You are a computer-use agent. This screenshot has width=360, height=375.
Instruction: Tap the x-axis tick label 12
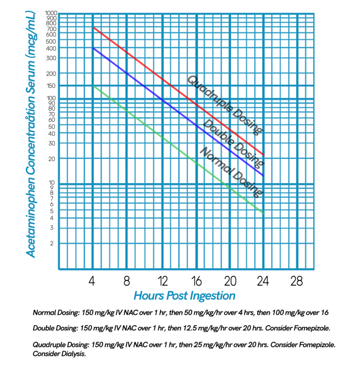162,282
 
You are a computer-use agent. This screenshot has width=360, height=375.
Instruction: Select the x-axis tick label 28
297,282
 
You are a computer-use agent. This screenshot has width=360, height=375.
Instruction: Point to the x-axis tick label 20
230,282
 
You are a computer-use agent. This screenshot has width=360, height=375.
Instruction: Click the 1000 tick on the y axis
51,13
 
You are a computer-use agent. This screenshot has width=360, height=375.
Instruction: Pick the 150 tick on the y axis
51,86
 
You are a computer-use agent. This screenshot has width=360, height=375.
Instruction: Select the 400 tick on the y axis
51,48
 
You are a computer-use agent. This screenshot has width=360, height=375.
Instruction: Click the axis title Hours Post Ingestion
184,296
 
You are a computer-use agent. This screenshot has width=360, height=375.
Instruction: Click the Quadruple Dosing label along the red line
225,105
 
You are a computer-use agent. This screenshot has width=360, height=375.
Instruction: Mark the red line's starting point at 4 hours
93,28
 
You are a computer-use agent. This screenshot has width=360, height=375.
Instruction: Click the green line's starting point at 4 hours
93,86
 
